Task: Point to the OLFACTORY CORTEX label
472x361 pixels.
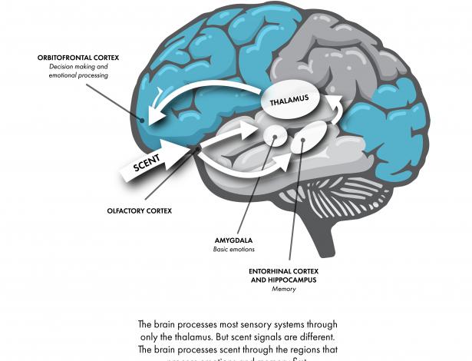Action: [140, 209]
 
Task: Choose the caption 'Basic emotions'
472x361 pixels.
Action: [233, 250]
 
